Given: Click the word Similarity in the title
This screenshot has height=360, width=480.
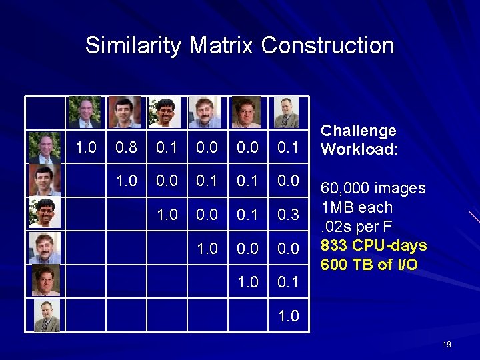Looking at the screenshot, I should [x=134, y=46].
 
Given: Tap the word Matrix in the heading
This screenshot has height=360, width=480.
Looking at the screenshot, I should [x=222, y=45].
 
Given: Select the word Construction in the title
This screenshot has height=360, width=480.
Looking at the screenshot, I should [x=327, y=45].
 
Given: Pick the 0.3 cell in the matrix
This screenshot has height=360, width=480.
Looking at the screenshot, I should [x=288, y=214].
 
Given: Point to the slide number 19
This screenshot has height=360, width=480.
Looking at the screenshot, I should [x=447, y=345].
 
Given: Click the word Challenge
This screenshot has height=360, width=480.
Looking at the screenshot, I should [x=358, y=131].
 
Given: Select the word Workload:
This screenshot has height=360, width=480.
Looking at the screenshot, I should [x=359, y=149].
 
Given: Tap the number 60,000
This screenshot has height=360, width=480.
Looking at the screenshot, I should [x=347, y=188].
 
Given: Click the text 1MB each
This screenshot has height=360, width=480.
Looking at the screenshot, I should [x=357, y=207].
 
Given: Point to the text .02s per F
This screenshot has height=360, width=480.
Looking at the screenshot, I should [x=357, y=227].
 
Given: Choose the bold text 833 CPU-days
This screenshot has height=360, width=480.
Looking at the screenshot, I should [x=373, y=245].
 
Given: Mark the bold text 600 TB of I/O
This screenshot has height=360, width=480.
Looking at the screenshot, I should [x=369, y=265].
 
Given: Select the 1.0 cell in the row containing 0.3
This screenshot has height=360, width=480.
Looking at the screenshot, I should [x=166, y=214].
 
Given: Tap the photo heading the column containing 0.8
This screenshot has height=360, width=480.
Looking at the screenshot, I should [x=125, y=112].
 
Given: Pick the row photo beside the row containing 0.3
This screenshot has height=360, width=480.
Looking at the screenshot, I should [x=45, y=213].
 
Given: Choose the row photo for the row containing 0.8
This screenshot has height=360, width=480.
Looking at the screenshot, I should [x=45, y=147].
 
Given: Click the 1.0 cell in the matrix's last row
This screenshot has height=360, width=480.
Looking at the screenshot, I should [x=288, y=315].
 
